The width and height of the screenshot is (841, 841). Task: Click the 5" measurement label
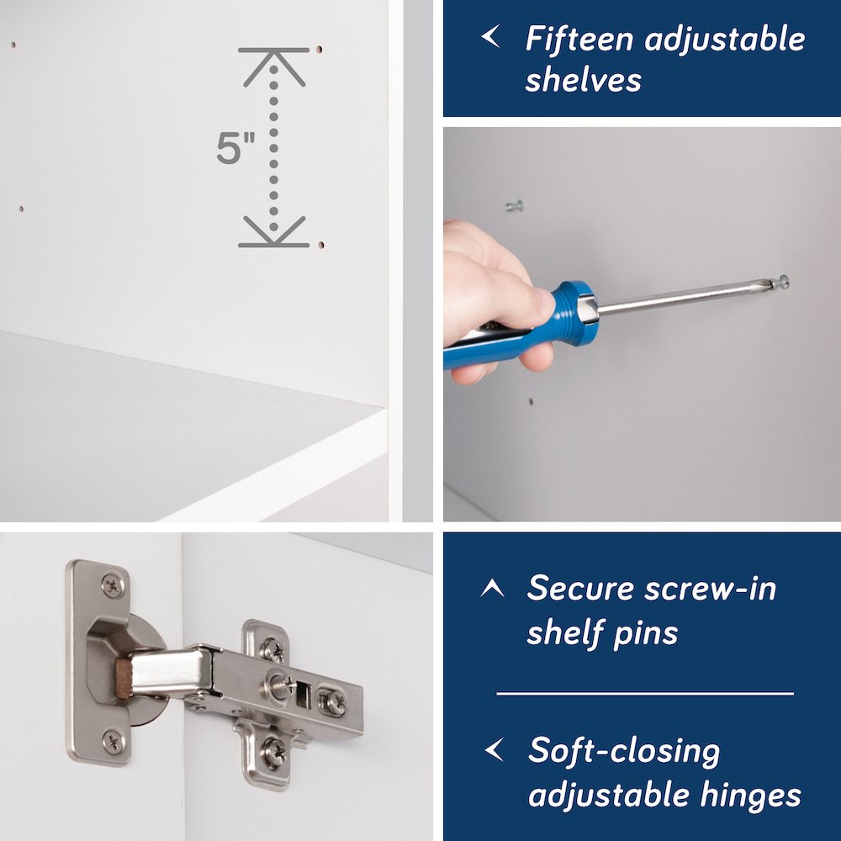pyautogui.click(x=235, y=147)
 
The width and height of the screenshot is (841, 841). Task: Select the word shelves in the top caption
pyautogui.click(x=584, y=80)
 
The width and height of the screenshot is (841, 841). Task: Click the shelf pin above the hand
pyautogui.click(x=514, y=205)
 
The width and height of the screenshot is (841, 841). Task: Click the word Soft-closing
pyautogui.click(x=624, y=751)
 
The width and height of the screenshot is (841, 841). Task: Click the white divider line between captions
pyautogui.click(x=645, y=694)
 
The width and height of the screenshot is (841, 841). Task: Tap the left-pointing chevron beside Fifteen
pyautogui.click(x=491, y=36)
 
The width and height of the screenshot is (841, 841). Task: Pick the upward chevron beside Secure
pyautogui.click(x=492, y=588)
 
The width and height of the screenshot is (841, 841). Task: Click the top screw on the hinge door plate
pyautogui.click(x=112, y=585)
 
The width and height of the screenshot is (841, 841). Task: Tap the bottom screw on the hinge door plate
pyautogui.click(x=114, y=743)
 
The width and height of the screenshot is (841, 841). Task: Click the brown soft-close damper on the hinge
pyautogui.click(x=124, y=679)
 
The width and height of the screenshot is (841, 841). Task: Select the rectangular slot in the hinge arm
pyautogui.click(x=303, y=695)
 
